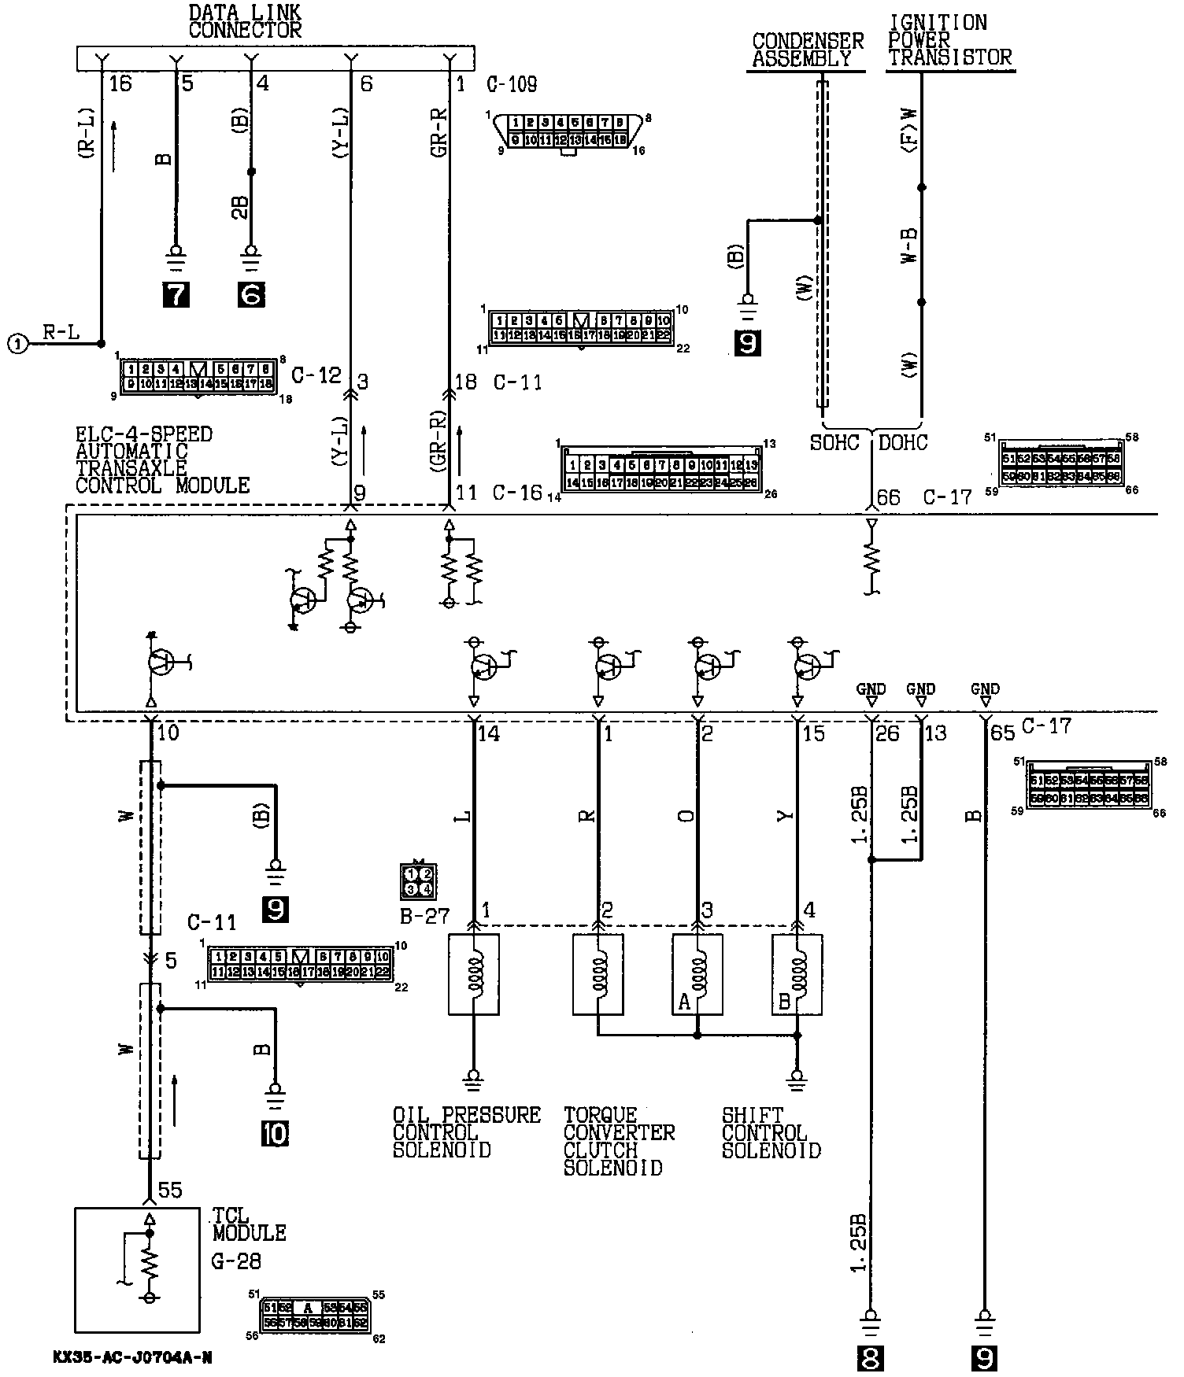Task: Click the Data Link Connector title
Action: pyautogui.click(x=245, y=22)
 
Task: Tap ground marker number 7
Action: pyautogui.click(x=175, y=294)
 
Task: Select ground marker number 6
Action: pyautogui.click(x=251, y=294)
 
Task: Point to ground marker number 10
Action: pyautogui.click(x=276, y=1134)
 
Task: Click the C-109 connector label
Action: pyautogui.click(x=512, y=84)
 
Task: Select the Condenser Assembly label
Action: pyautogui.click(x=808, y=50)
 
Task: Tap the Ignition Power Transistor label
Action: pyautogui.click(x=949, y=40)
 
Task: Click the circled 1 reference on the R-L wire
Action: pyautogui.click(x=17, y=343)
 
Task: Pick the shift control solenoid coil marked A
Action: pyautogui.click(x=697, y=975)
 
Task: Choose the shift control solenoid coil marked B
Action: pyautogui.click(x=797, y=975)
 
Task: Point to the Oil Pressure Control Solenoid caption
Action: pyautogui.click(x=466, y=1132)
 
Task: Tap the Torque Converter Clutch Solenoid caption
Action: pyautogui.click(x=619, y=1141)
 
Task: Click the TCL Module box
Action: pyautogui.click(x=137, y=1268)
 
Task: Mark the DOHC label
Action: pyautogui.click(x=902, y=443)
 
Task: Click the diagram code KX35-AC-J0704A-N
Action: pyautogui.click(x=133, y=1357)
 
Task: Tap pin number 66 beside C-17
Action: pyautogui.click(x=888, y=497)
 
